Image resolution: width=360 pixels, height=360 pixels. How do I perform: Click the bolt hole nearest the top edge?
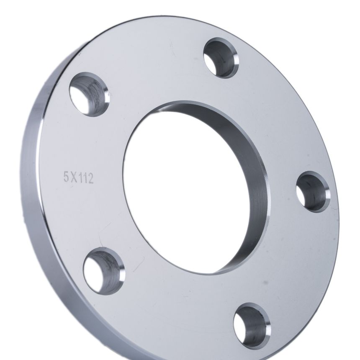pos(221,58)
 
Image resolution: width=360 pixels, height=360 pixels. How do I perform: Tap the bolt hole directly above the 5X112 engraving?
pos(90,94)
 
